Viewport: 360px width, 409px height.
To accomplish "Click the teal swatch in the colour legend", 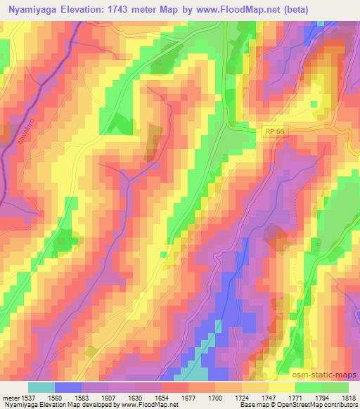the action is (41, 387).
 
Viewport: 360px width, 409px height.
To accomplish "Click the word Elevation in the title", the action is (96, 10).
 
